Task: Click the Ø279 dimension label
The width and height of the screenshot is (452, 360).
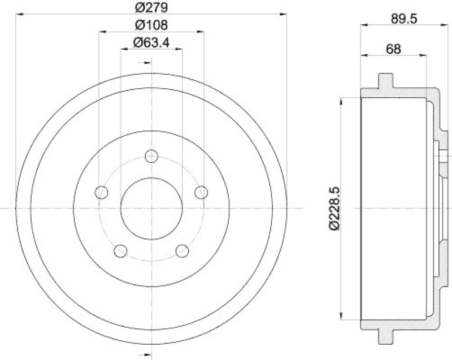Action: tap(151, 7)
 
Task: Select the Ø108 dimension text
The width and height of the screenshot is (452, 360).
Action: tap(151, 25)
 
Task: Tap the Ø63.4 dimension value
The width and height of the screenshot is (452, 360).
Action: tap(151, 42)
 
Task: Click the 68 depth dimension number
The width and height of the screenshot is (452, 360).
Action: tap(393, 49)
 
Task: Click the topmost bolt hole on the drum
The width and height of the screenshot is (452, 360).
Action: tap(151, 157)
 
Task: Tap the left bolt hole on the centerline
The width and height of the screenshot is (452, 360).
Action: tap(102, 192)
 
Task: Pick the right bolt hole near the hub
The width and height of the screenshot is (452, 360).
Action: tap(201, 192)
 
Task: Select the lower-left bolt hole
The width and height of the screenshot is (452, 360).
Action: tap(120, 250)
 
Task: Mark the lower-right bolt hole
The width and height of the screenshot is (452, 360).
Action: tap(181, 250)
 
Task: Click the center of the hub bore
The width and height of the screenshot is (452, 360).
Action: tap(151, 208)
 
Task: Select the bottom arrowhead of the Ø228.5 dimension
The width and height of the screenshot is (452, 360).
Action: tap(342, 317)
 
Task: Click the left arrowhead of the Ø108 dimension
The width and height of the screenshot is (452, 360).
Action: tap(102, 32)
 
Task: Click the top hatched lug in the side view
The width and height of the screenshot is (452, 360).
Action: tap(385, 81)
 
